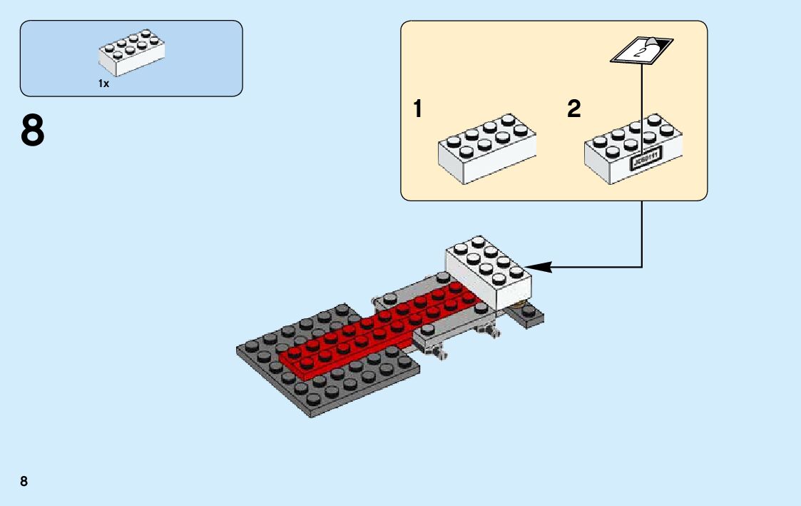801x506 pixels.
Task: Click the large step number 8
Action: (33, 131)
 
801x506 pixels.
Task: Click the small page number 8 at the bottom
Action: (24, 481)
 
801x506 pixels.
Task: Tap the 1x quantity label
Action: (103, 84)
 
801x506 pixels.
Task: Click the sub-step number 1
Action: (418, 110)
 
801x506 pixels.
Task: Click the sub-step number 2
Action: (574, 110)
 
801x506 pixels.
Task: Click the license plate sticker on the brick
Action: (645, 160)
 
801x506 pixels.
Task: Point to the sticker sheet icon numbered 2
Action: (640, 50)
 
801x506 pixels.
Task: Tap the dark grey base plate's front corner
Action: (312, 414)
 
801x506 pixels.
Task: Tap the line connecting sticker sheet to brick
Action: (643, 107)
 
